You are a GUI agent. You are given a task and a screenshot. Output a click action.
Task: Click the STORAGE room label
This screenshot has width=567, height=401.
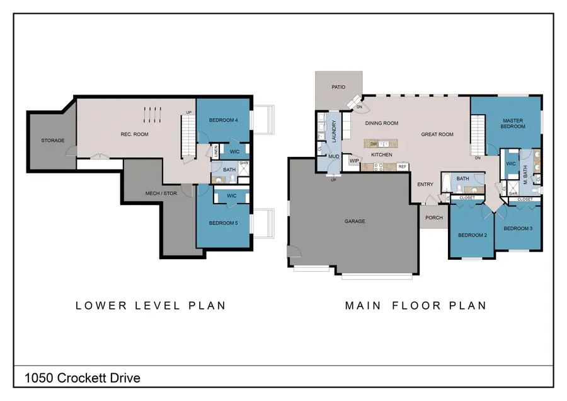pos(53,140)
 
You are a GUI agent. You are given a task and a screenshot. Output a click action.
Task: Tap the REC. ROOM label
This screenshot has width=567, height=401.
pos(134,134)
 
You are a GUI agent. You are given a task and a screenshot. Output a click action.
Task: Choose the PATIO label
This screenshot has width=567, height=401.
pos(338,87)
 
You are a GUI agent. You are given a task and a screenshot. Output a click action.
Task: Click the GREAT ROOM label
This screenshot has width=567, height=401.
pos(437,134)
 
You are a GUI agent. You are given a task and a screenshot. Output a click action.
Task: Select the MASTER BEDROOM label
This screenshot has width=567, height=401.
pos(513,123)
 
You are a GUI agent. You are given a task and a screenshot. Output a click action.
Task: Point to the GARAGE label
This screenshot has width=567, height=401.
pos(355,221)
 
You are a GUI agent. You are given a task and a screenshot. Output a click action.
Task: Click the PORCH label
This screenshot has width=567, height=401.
pos(434,218)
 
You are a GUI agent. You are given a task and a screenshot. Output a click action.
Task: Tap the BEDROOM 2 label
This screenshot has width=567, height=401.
pos(472,235)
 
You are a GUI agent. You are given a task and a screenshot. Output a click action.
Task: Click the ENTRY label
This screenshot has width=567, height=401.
pos(425,184)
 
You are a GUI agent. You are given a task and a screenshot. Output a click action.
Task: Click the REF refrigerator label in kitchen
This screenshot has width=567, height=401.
pos(402,166)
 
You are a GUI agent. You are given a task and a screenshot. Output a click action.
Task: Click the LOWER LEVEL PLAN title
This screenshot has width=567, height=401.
pos(151,306)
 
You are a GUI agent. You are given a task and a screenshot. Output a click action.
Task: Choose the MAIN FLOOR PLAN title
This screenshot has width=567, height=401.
pos(415,306)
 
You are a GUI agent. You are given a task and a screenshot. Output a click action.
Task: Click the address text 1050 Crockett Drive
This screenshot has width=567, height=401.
pos(83,378)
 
